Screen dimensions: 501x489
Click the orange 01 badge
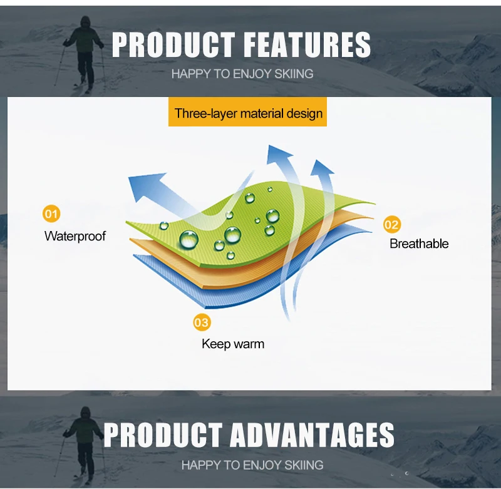(51, 214)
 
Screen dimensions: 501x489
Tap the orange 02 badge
(392, 225)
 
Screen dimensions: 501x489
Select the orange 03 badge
(202, 322)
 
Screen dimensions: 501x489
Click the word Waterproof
(75, 236)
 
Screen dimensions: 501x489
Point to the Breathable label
(419, 244)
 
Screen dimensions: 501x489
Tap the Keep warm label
(233, 344)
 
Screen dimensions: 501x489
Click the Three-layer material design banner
(247, 112)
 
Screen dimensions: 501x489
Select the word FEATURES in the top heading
(309, 44)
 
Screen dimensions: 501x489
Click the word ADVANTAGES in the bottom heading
(312, 435)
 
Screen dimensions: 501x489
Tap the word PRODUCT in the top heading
(173, 44)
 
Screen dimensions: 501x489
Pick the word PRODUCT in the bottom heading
(163, 435)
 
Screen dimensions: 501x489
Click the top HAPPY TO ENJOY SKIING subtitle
(242, 74)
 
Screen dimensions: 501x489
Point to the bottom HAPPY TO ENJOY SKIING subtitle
(252, 465)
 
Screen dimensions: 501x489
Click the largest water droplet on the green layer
(189, 240)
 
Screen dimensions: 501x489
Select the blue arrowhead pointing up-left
(145, 185)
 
